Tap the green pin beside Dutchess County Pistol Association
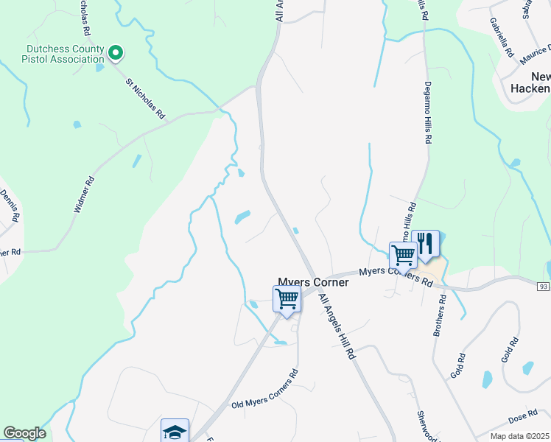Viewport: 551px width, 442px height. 115,52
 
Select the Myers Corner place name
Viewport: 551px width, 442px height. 312,281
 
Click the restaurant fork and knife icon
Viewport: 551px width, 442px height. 425,244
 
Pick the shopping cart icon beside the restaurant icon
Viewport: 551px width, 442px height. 403,255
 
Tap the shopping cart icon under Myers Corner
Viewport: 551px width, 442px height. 287,299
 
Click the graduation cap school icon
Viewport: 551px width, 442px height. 175,430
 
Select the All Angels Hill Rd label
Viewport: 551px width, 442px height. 337,326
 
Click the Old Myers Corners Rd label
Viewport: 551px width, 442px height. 264,390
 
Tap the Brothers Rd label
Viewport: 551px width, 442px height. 440,315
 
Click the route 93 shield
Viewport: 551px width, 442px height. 544,286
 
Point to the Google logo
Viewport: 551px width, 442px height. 24,433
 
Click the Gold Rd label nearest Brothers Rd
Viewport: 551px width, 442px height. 460,366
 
